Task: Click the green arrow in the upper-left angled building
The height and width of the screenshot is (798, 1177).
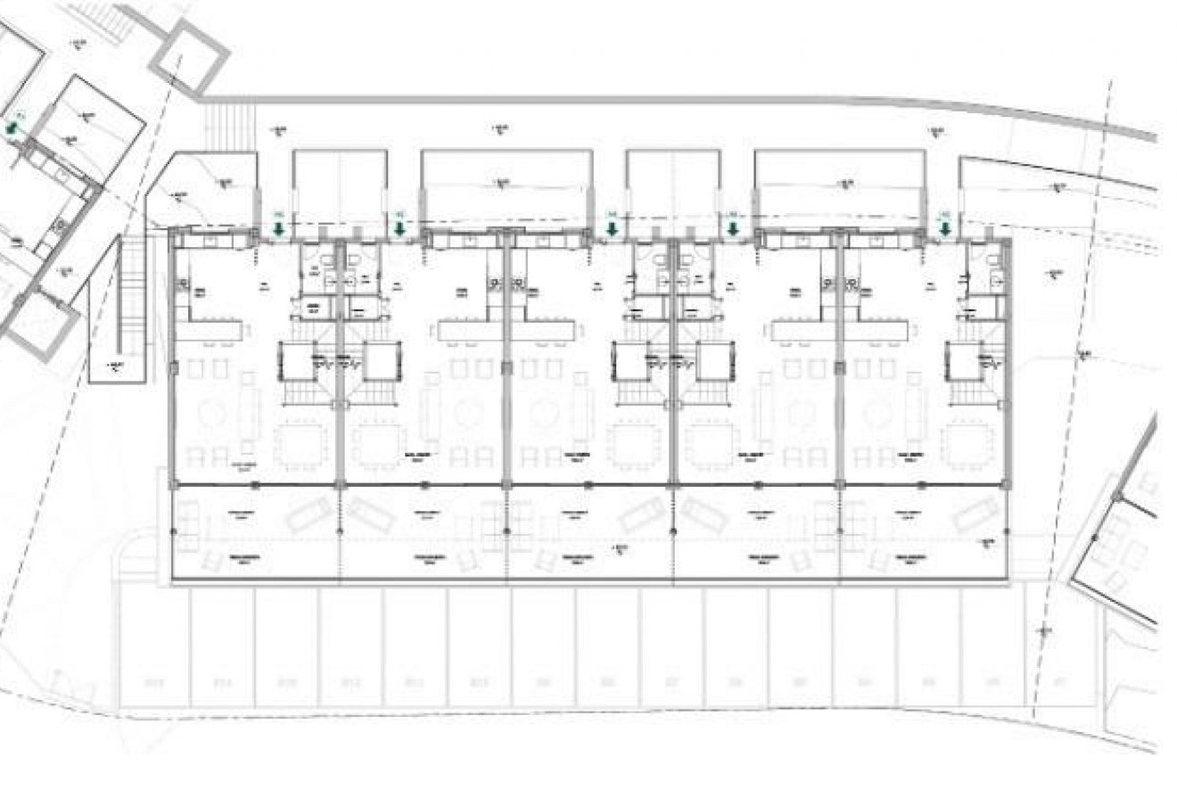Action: (x=11, y=130)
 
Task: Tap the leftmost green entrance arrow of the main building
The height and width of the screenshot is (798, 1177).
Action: (x=278, y=229)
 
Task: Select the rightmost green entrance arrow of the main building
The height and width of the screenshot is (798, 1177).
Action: (x=943, y=229)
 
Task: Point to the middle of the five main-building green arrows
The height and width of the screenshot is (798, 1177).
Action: (x=612, y=229)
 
